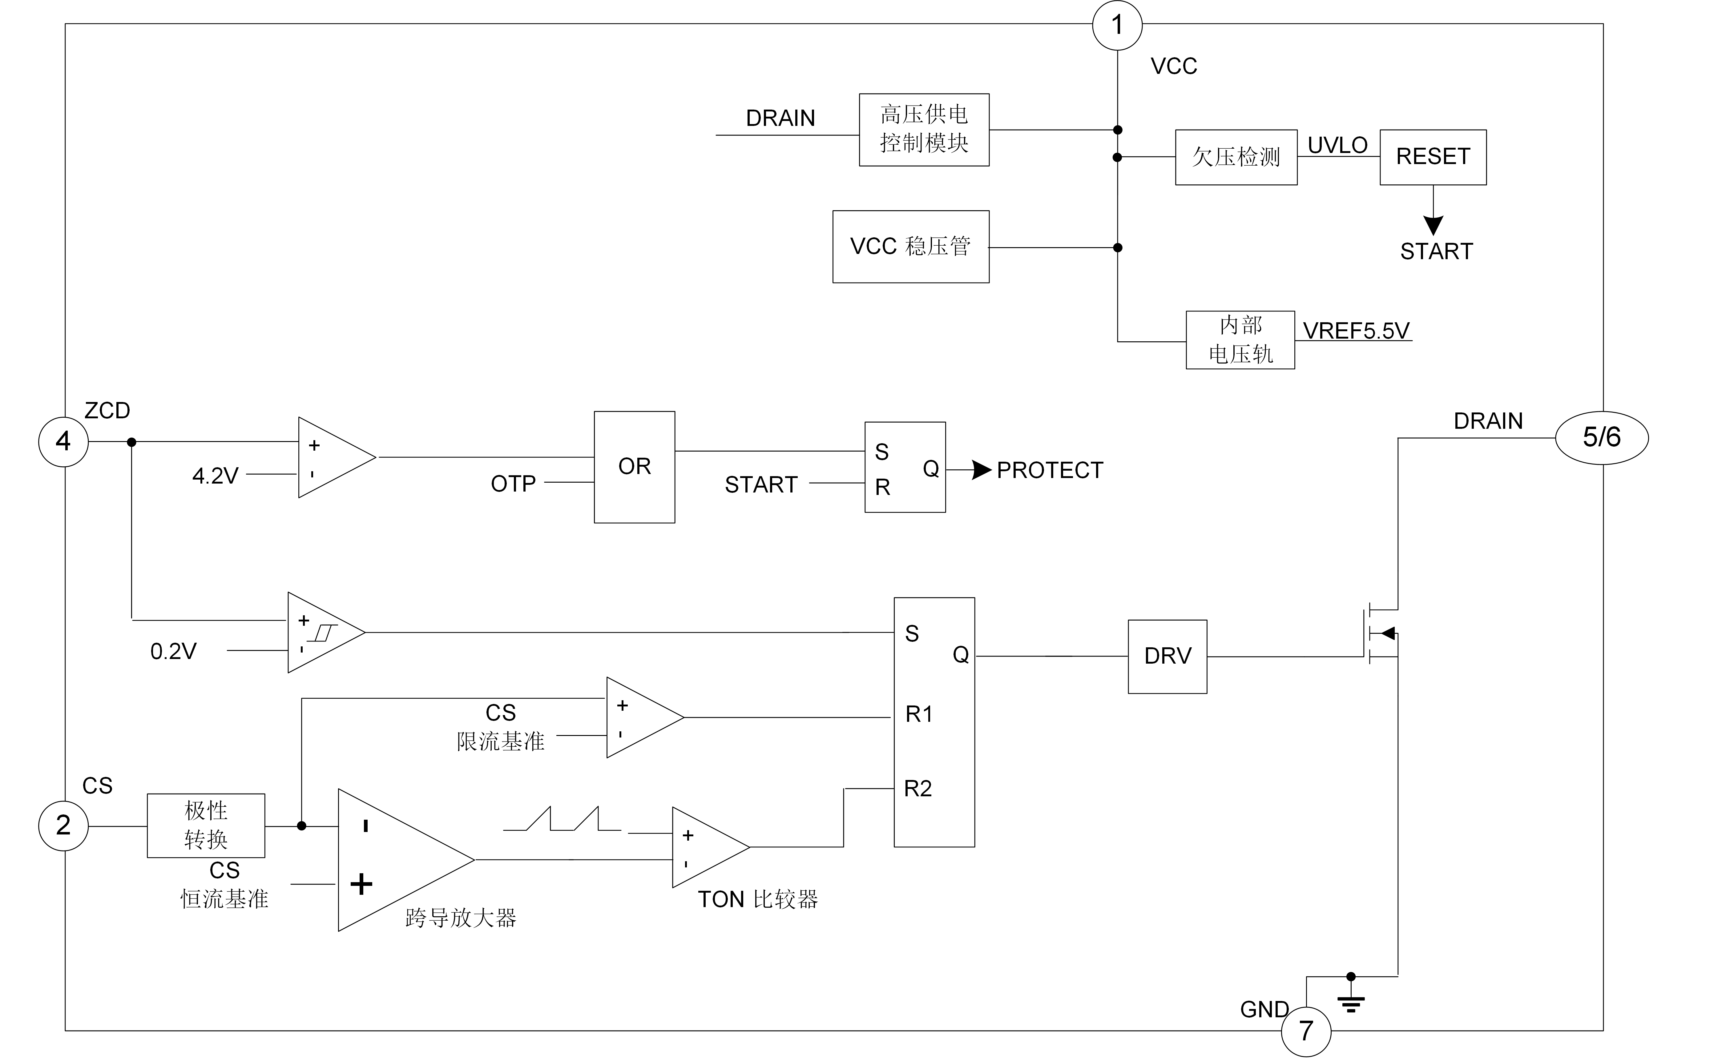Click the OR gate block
[x=634, y=466]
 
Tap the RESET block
[x=1433, y=157]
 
